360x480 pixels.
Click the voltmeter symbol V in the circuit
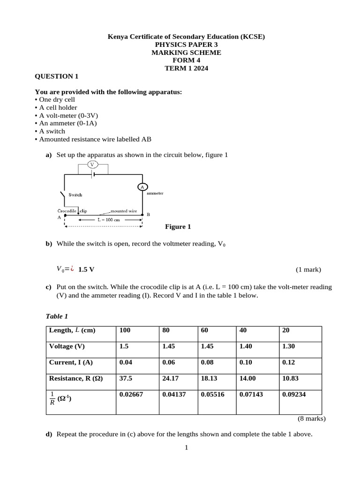pos(92,165)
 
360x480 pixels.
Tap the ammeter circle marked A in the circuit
pos(142,187)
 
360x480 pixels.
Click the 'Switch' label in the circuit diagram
pos(75,195)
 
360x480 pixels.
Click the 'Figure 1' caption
pos(178,227)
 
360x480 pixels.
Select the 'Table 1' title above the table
pos(57,316)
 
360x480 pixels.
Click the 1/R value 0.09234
pos(294,394)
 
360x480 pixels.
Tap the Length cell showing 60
pos(204,330)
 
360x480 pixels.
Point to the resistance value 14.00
pos(248,378)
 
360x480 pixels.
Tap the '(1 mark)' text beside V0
pos(308,270)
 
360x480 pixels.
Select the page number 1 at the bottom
pos(186,448)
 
